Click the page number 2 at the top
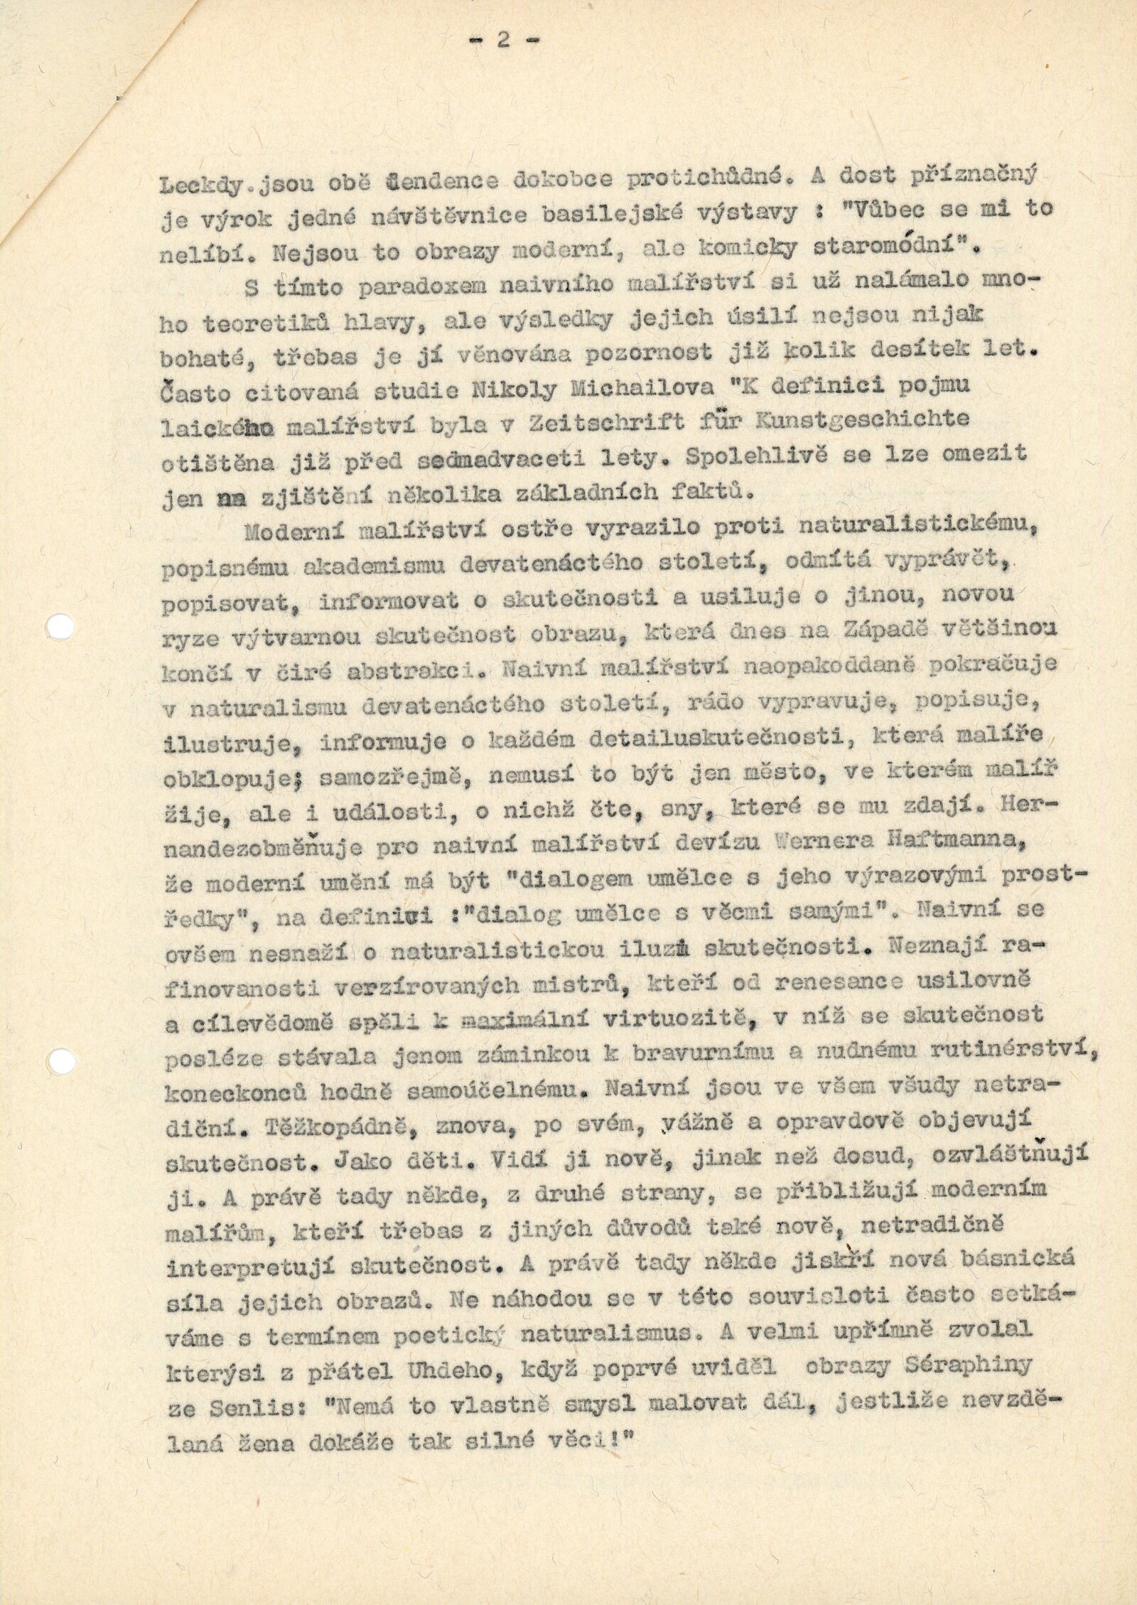[x=502, y=41]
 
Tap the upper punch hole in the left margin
[x=60, y=626]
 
